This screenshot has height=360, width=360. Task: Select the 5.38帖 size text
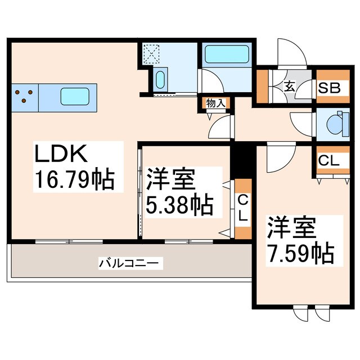pyautogui.click(x=180, y=206)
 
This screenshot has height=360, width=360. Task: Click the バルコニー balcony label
pyautogui.click(x=130, y=262)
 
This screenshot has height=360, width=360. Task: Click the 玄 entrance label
pyautogui.click(x=289, y=87)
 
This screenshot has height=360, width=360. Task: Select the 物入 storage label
pyautogui.click(x=215, y=103)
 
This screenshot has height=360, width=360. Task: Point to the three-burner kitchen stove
pyautogui.click(x=25, y=96)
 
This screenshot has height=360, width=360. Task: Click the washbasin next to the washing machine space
pyautogui.click(x=159, y=79)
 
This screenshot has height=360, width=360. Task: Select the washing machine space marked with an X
pyautogui.click(x=151, y=55)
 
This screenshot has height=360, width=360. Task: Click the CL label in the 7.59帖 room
pyautogui.click(x=328, y=161)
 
